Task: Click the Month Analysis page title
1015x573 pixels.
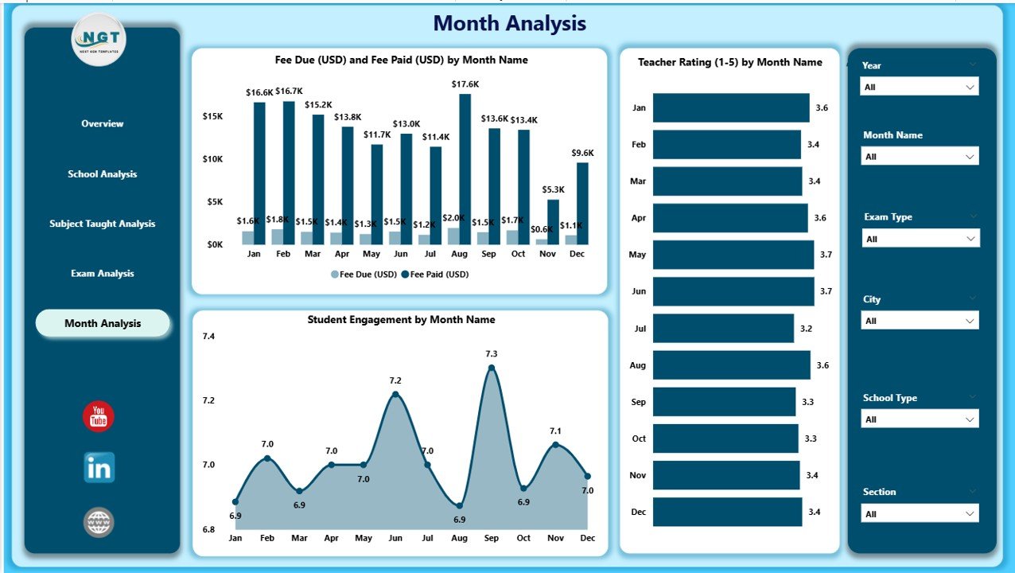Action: (x=509, y=24)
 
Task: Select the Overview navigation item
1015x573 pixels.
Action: (x=103, y=123)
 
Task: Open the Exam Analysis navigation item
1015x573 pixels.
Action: (x=103, y=274)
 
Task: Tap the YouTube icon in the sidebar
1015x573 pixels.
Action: (x=99, y=417)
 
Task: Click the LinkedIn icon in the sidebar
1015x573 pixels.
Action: (x=99, y=468)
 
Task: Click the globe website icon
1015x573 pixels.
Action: (x=99, y=523)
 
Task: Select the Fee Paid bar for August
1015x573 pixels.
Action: (x=465, y=169)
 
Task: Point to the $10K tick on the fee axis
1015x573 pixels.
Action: (x=212, y=159)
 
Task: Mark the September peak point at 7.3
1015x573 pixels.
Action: (x=492, y=368)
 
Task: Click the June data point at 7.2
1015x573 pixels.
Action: (x=395, y=394)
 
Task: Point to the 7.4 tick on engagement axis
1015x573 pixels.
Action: (x=208, y=337)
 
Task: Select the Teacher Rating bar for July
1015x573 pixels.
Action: (x=723, y=328)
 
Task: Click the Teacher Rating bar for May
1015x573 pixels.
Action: (x=733, y=255)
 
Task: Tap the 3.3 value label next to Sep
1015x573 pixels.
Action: (x=807, y=402)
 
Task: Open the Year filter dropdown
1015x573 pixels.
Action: (x=919, y=87)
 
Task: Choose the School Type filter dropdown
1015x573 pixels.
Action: (x=919, y=419)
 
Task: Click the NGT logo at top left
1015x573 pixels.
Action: (x=99, y=38)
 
